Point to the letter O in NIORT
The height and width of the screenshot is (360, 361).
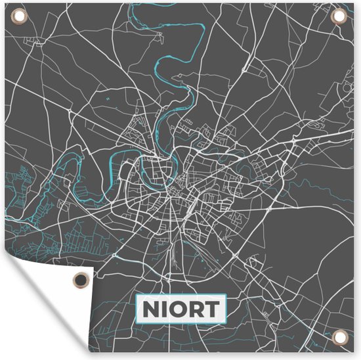(178, 309)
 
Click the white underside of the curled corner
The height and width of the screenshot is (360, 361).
(39, 309)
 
